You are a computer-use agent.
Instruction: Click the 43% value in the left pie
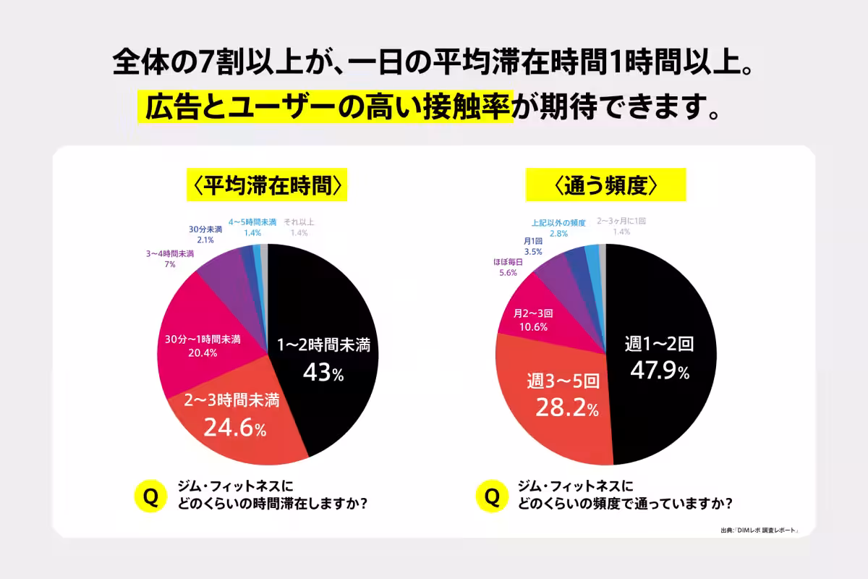click(x=323, y=373)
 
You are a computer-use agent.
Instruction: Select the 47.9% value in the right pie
click(x=659, y=371)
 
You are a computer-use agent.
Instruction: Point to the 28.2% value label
click(x=566, y=408)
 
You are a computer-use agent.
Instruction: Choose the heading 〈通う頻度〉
click(x=605, y=186)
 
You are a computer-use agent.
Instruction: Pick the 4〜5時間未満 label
click(x=252, y=222)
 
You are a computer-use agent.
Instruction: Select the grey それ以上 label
click(x=299, y=222)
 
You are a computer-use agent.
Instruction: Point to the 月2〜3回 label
click(x=532, y=314)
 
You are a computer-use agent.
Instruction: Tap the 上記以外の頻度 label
click(x=558, y=223)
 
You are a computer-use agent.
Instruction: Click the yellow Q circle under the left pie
click(x=151, y=496)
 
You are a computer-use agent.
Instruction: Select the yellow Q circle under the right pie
click(x=492, y=496)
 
